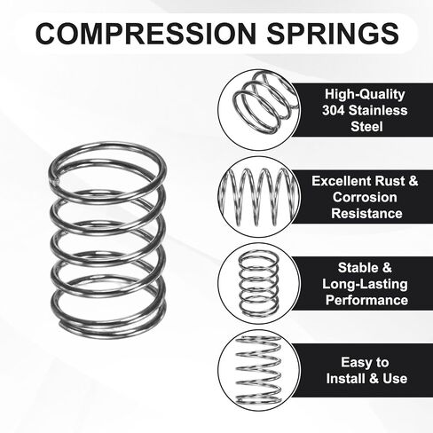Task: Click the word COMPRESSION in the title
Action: click(x=146, y=33)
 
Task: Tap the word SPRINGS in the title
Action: click(x=333, y=33)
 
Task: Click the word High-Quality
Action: click(x=365, y=94)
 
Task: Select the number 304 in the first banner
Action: click(x=334, y=110)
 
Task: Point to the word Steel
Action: click(x=366, y=126)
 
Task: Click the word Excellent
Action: click(x=342, y=181)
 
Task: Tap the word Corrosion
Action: click(x=365, y=197)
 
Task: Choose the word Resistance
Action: click(x=366, y=214)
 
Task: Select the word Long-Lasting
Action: click(x=365, y=284)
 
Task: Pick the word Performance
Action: click(x=366, y=300)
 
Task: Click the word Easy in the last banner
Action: click(x=355, y=363)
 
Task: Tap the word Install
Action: click(x=345, y=379)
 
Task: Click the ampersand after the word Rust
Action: click(x=413, y=181)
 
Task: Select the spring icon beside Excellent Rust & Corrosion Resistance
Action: click(x=259, y=196)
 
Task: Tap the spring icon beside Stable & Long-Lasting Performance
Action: click(x=259, y=283)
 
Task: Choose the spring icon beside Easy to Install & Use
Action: click(x=258, y=370)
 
